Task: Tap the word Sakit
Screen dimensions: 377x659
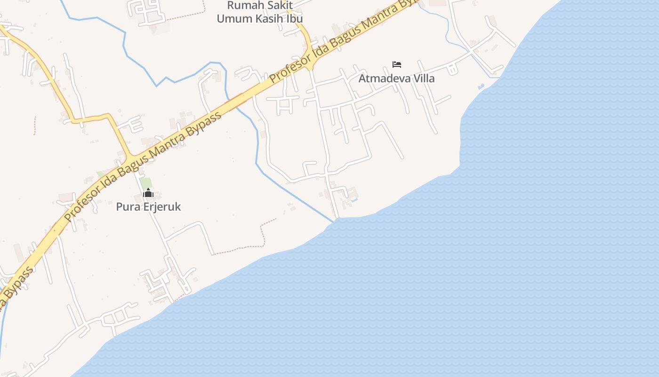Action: [x=279, y=6]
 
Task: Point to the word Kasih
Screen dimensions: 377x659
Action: [x=268, y=19]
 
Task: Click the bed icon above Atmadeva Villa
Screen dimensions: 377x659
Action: [x=397, y=64]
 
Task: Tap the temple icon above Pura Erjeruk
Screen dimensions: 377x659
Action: [x=148, y=193]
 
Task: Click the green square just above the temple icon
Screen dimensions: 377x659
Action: [x=146, y=182]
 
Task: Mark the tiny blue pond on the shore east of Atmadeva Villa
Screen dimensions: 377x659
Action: [x=480, y=87]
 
